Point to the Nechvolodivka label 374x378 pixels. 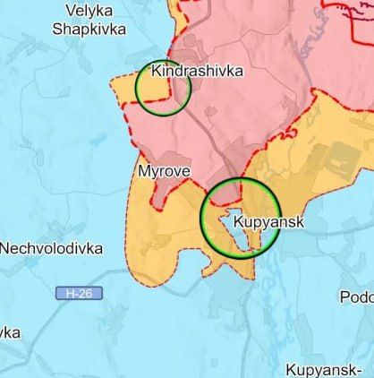click(x=51, y=248)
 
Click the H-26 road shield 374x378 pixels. click(x=79, y=293)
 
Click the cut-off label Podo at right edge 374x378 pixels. click(x=356, y=296)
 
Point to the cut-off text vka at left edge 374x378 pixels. click(x=10, y=332)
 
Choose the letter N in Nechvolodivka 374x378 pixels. click(x=5, y=248)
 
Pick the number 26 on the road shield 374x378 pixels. click(x=87, y=293)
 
